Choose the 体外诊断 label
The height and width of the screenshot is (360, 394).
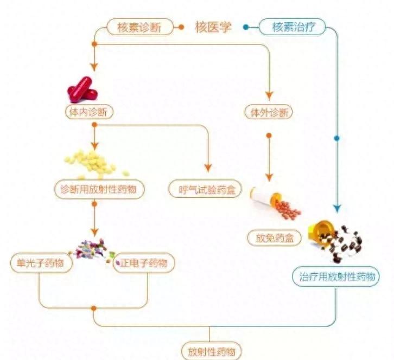[x=269, y=112]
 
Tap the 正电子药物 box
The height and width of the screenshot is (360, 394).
[x=144, y=263]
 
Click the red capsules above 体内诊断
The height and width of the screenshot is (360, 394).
[x=82, y=89]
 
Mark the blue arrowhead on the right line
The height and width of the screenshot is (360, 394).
[x=336, y=208]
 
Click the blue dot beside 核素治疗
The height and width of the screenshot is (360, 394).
[x=246, y=27]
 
